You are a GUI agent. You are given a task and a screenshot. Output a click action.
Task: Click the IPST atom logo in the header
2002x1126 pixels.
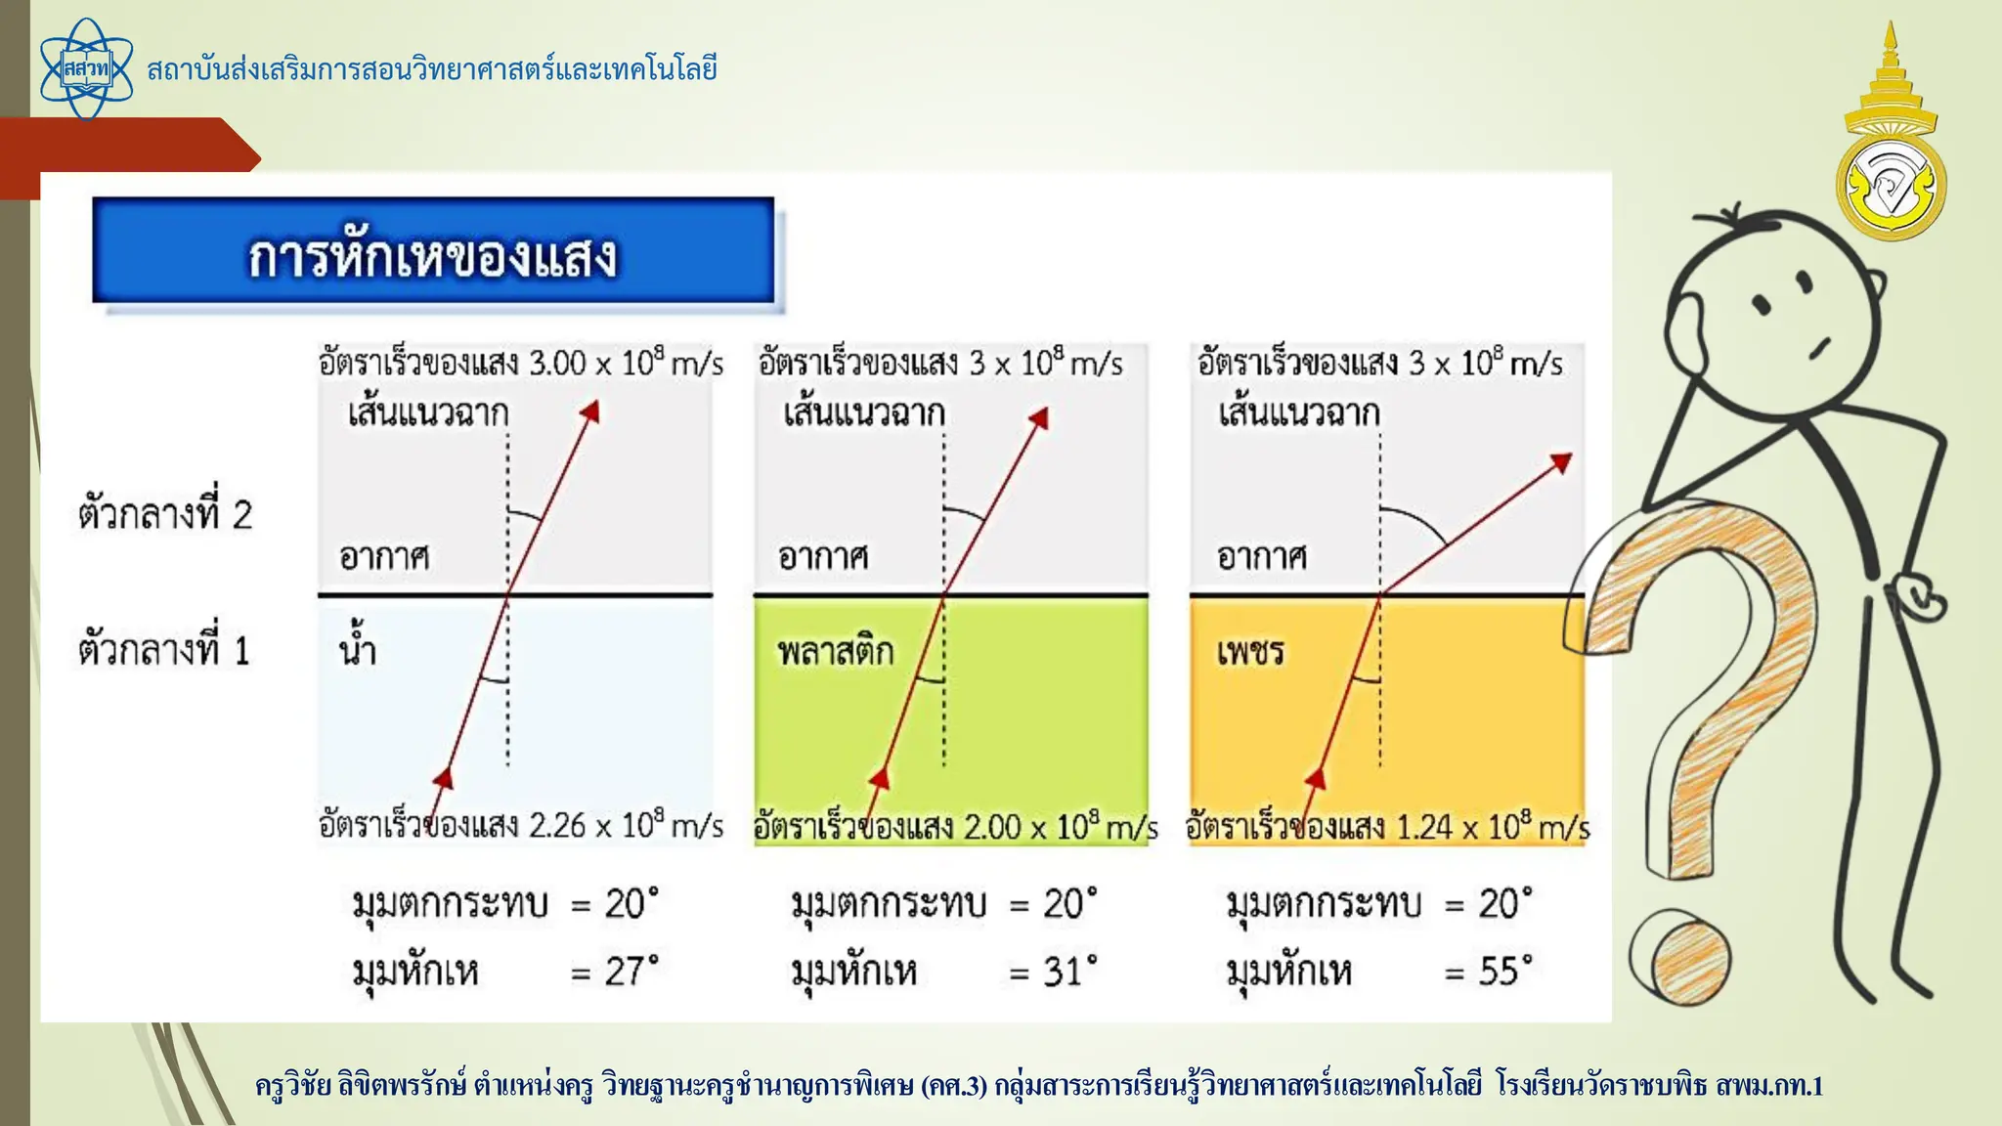coord(86,69)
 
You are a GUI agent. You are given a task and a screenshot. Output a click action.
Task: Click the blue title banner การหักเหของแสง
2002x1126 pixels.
coord(433,252)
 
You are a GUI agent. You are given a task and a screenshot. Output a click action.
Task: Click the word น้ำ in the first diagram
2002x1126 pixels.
coord(358,648)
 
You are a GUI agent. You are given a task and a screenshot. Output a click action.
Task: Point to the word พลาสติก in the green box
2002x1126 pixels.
coord(836,651)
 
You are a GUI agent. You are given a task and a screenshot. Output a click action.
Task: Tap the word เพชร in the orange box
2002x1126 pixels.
coord(1250,651)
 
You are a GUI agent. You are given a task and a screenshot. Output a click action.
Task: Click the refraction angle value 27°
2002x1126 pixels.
coord(631,971)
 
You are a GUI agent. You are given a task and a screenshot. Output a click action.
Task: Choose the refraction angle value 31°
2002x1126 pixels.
coord(1069,971)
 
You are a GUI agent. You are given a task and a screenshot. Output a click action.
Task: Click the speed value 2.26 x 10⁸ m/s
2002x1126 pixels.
coord(626,826)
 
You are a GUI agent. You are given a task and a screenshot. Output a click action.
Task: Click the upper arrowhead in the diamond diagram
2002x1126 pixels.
coord(1561,461)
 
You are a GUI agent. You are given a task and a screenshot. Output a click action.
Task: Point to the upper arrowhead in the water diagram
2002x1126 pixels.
coord(589,411)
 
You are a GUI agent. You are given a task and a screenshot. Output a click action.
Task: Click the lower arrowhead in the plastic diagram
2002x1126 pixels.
coord(880,778)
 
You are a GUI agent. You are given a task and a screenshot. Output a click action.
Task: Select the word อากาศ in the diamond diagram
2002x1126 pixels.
coord(1262,557)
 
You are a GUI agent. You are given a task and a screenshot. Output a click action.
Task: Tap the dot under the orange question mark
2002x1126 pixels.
coord(1679,958)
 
